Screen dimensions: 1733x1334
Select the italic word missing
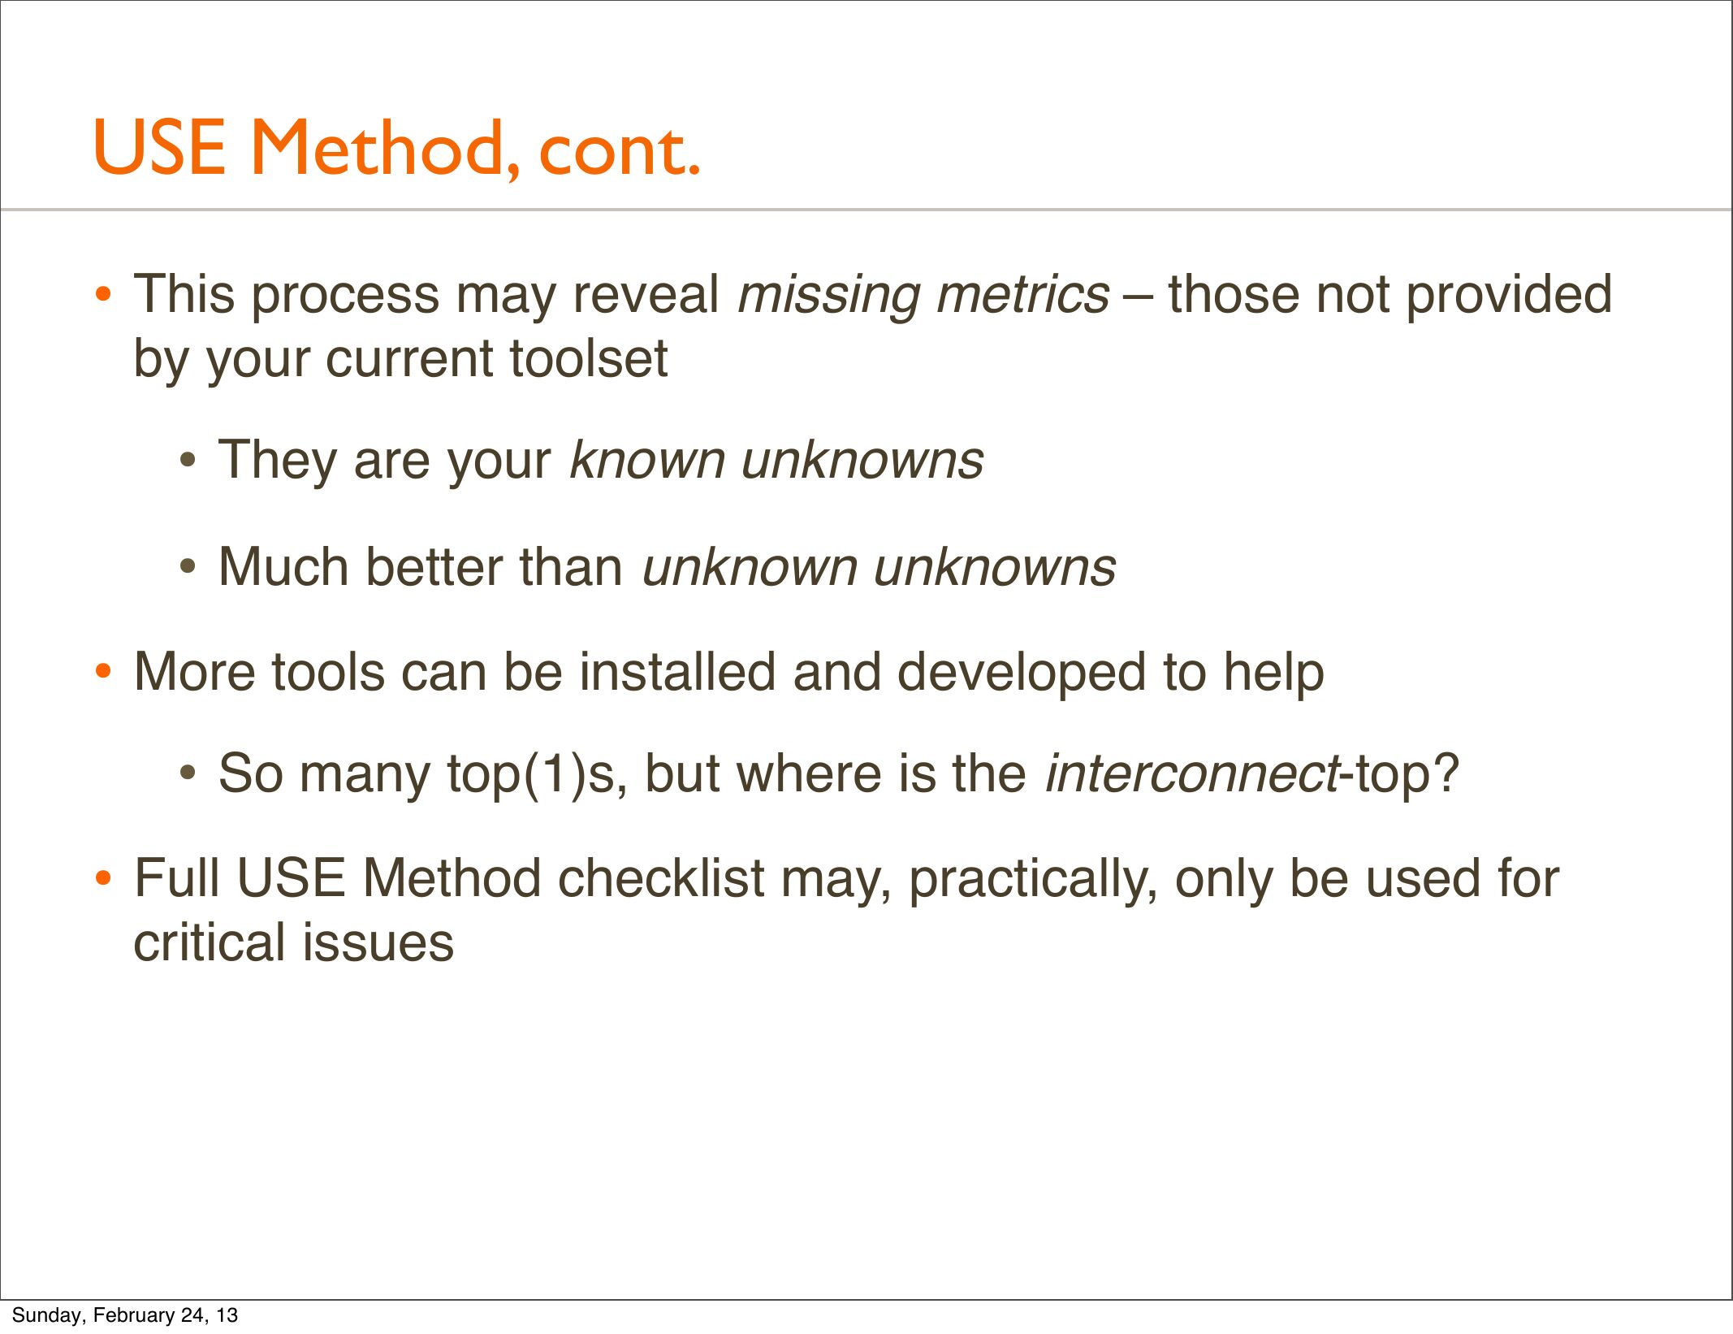pyautogui.click(x=828, y=296)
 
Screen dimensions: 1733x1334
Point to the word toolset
pyautogui.click(x=588, y=358)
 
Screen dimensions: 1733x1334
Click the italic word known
pyautogui.click(x=646, y=460)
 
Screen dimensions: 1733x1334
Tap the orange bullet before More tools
pyautogui.click(x=103, y=673)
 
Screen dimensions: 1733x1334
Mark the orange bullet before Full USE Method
pyautogui.click(x=103, y=879)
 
